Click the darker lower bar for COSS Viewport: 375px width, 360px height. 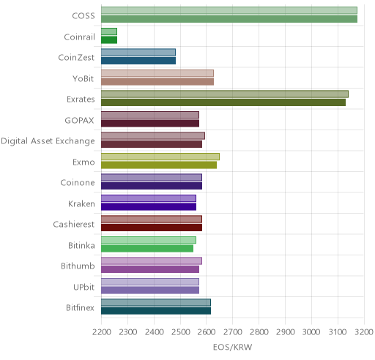coord(229,19)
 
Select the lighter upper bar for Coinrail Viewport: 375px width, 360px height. coord(109,31)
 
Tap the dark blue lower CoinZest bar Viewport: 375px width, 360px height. coord(138,61)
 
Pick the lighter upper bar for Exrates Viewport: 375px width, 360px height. coord(225,94)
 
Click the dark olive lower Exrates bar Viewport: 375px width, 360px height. coord(223,102)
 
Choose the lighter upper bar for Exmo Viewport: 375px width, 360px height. coord(160,157)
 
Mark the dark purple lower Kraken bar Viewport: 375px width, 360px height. coord(149,207)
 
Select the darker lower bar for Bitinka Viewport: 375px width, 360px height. coord(147,249)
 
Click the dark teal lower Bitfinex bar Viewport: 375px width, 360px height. coord(156,311)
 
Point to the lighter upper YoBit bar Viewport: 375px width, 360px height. coord(157,73)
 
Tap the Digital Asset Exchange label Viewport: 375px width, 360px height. coord(48,141)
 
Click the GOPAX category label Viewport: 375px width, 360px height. coord(79,120)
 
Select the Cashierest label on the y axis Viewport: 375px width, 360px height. coord(74,224)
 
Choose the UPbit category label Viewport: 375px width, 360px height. coord(83,287)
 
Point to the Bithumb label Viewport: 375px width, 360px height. coord(78,266)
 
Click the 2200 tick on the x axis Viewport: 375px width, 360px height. coord(102,332)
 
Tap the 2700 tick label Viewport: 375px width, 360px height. coord(233,332)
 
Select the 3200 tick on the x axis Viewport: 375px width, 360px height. coord(364,332)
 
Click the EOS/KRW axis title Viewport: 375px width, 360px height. coord(232,347)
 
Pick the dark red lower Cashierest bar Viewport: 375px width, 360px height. coord(152,228)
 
